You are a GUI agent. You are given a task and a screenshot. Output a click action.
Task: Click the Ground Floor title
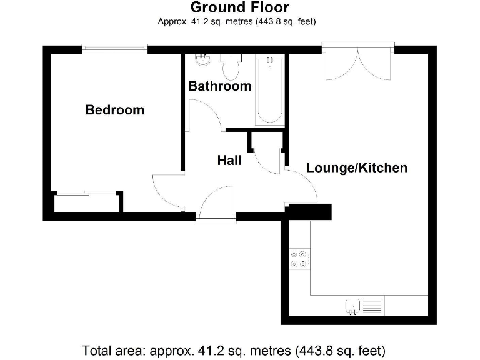coord(240,8)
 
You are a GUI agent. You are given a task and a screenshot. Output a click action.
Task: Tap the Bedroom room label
coord(114,110)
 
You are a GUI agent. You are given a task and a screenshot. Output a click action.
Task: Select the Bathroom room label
coord(220,86)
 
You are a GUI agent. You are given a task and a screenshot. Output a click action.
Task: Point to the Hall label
coord(229,161)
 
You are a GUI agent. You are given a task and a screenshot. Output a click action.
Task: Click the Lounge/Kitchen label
coord(356,167)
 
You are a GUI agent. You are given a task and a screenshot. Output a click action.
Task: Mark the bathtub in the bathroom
coord(269,91)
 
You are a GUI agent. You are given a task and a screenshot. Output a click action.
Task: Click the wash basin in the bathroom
coord(202,61)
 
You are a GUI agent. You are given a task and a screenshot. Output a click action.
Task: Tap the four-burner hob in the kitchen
coord(298,259)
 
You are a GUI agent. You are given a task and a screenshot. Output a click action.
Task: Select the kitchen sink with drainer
coord(363,306)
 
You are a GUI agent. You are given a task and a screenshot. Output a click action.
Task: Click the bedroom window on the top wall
coord(114,49)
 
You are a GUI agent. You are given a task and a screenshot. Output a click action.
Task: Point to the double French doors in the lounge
coord(357,62)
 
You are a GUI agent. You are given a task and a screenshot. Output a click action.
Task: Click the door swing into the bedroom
coord(167,191)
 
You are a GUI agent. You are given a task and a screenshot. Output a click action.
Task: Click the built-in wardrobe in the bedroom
coord(86,202)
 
